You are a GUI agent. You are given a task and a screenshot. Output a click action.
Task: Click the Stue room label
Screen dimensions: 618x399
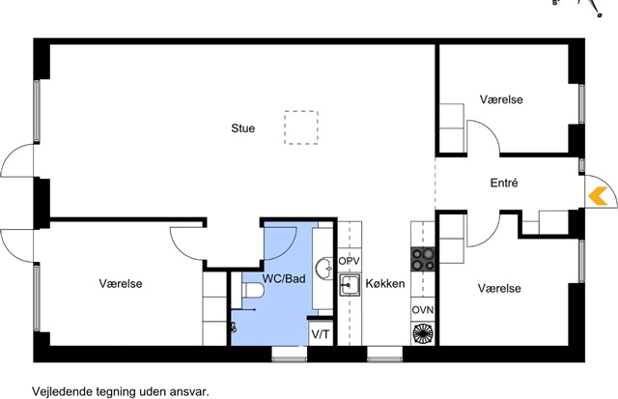242,128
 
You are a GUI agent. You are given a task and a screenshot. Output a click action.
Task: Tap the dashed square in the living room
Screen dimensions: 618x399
301,111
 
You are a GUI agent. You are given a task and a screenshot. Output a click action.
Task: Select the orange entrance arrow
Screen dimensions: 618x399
598,196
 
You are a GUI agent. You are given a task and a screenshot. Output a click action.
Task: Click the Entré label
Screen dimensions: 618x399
504,183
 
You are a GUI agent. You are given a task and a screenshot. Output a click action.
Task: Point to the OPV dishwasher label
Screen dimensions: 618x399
349,261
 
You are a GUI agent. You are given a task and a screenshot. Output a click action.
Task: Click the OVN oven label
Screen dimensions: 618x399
423,310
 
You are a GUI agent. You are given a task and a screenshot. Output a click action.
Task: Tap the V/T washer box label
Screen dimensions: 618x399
320,334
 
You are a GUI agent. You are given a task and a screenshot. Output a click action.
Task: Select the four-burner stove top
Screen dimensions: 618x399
423,259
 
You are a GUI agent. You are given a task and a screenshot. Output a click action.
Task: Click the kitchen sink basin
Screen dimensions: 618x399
350,285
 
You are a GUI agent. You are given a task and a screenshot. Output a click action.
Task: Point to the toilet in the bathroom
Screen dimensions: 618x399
252,291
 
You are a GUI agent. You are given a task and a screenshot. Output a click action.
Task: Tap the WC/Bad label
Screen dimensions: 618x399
284,279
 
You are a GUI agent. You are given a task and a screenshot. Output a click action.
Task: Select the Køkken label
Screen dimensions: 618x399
385,283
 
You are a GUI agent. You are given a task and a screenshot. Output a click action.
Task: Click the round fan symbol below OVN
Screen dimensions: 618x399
423,334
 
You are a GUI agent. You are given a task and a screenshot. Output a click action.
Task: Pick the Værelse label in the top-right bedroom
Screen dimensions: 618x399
501,100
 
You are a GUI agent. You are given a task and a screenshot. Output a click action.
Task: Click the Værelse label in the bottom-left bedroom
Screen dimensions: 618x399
121,283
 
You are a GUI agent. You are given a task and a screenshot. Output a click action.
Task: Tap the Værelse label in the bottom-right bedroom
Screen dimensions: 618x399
499,288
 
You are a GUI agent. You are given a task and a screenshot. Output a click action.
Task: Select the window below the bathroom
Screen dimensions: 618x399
290,355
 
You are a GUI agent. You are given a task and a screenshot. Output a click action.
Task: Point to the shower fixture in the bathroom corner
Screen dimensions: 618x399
234,328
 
